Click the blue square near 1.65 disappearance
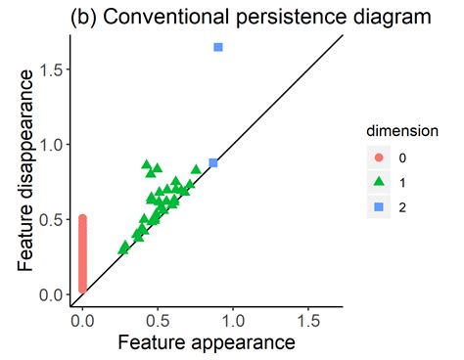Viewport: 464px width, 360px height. point(218,47)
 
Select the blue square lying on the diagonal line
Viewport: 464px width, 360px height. point(213,163)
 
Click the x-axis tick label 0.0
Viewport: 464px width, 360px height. point(83,319)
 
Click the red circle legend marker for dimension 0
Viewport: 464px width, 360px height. point(379,157)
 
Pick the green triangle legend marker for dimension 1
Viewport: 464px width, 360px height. point(379,182)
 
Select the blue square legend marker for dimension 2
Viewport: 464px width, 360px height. point(379,206)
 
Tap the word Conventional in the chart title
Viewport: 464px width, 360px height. point(173,17)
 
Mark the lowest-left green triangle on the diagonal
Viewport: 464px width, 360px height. point(123,248)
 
